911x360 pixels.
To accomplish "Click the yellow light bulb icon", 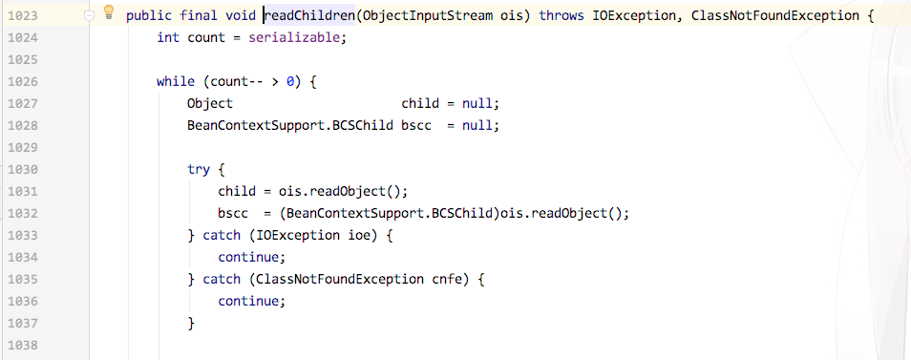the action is point(108,12).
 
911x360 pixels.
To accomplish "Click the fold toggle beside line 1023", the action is point(89,16).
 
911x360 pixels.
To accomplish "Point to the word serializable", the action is point(301,38).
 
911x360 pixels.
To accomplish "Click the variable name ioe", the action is point(347,236).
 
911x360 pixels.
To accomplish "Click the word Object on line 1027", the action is point(210,104).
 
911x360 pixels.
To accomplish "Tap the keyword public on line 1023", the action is point(149,16).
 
